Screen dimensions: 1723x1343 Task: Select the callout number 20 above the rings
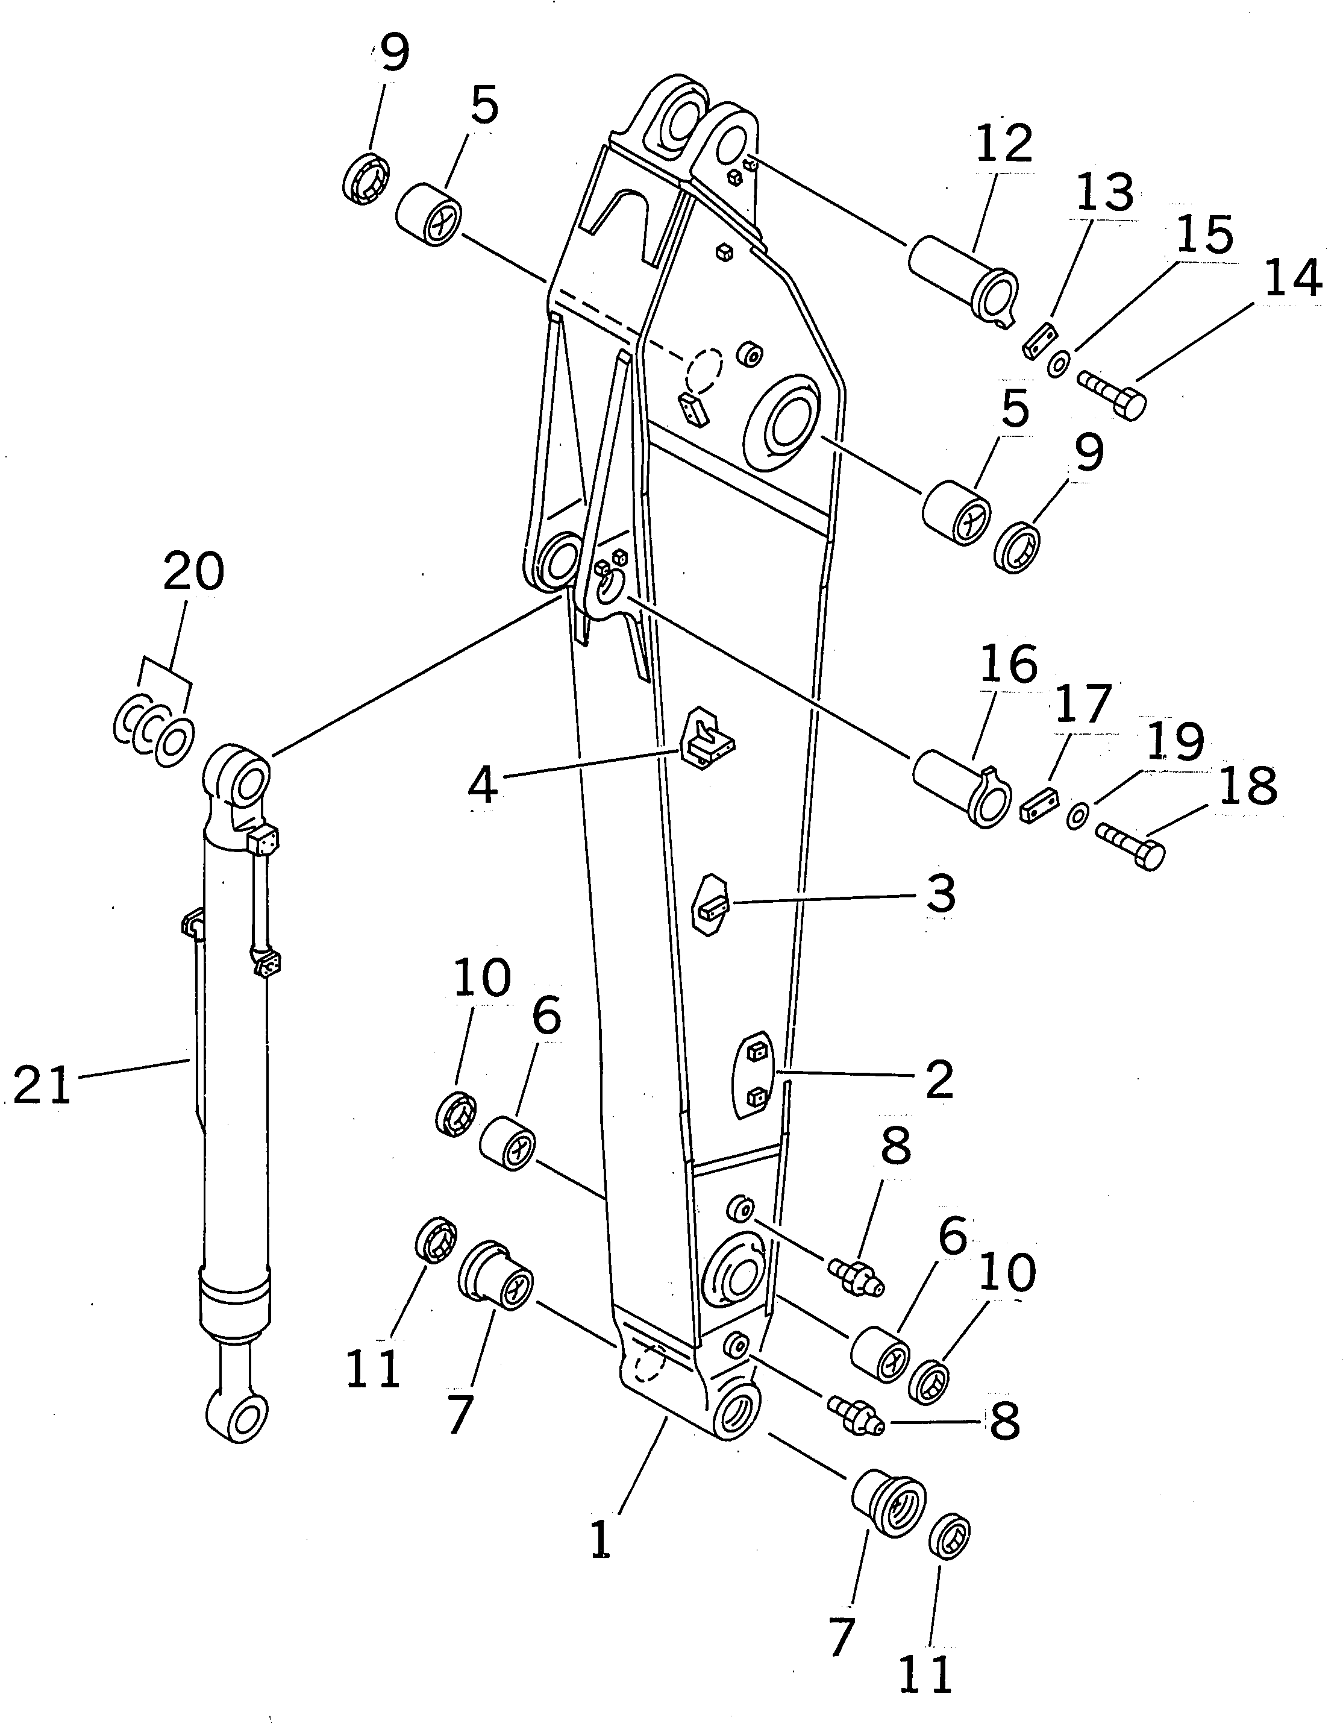(193, 572)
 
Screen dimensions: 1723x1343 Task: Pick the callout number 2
(939, 1080)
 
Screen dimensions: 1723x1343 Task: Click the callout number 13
(1104, 192)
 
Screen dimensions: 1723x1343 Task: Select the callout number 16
(1009, 665)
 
